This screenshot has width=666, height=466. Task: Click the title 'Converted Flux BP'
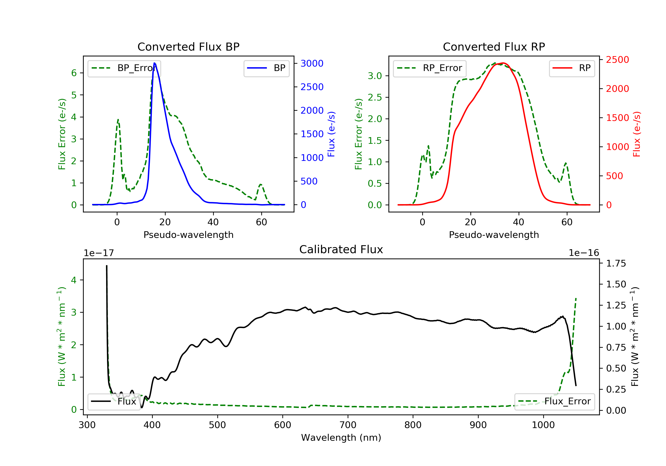pyautogui.click(x=188, y=47)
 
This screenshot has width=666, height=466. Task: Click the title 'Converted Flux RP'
pyautogui.click(x=494, y=47)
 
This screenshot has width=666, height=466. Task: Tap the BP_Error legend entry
pyautogui.click(x=124, y=68)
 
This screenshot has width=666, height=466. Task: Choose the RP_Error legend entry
pyautogui.click(x=430, y=68)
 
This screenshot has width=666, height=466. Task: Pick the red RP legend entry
pyautogui.click(x=572, y=68)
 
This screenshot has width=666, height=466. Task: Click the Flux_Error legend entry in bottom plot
pyautogui.click(x=555, y=401)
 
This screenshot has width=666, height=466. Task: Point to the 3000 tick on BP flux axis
pyautogui.click(x=312, y=63)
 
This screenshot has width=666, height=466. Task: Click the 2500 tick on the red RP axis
pyautogui.click(x=617, y=60)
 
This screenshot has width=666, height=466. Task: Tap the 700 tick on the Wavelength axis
pyautogui.click(x=348, y=425)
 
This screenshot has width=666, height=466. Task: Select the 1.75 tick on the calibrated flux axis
pyautogui.click(x=616, y=264)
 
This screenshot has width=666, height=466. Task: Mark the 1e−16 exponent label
pyautogui.click(x=584, y=253)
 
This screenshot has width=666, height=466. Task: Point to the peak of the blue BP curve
pyautogui.click(x=155, y=63)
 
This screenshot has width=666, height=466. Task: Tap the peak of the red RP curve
pyautogui.click(x=503, y=63)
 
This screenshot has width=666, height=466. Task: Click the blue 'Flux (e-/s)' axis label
pyautogui.click(x=331, y=134)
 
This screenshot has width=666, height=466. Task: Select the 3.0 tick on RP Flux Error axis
pyautogui.click(x=375, y=76)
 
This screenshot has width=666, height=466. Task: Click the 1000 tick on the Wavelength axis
pyautogui.click(x=543, y=425)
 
